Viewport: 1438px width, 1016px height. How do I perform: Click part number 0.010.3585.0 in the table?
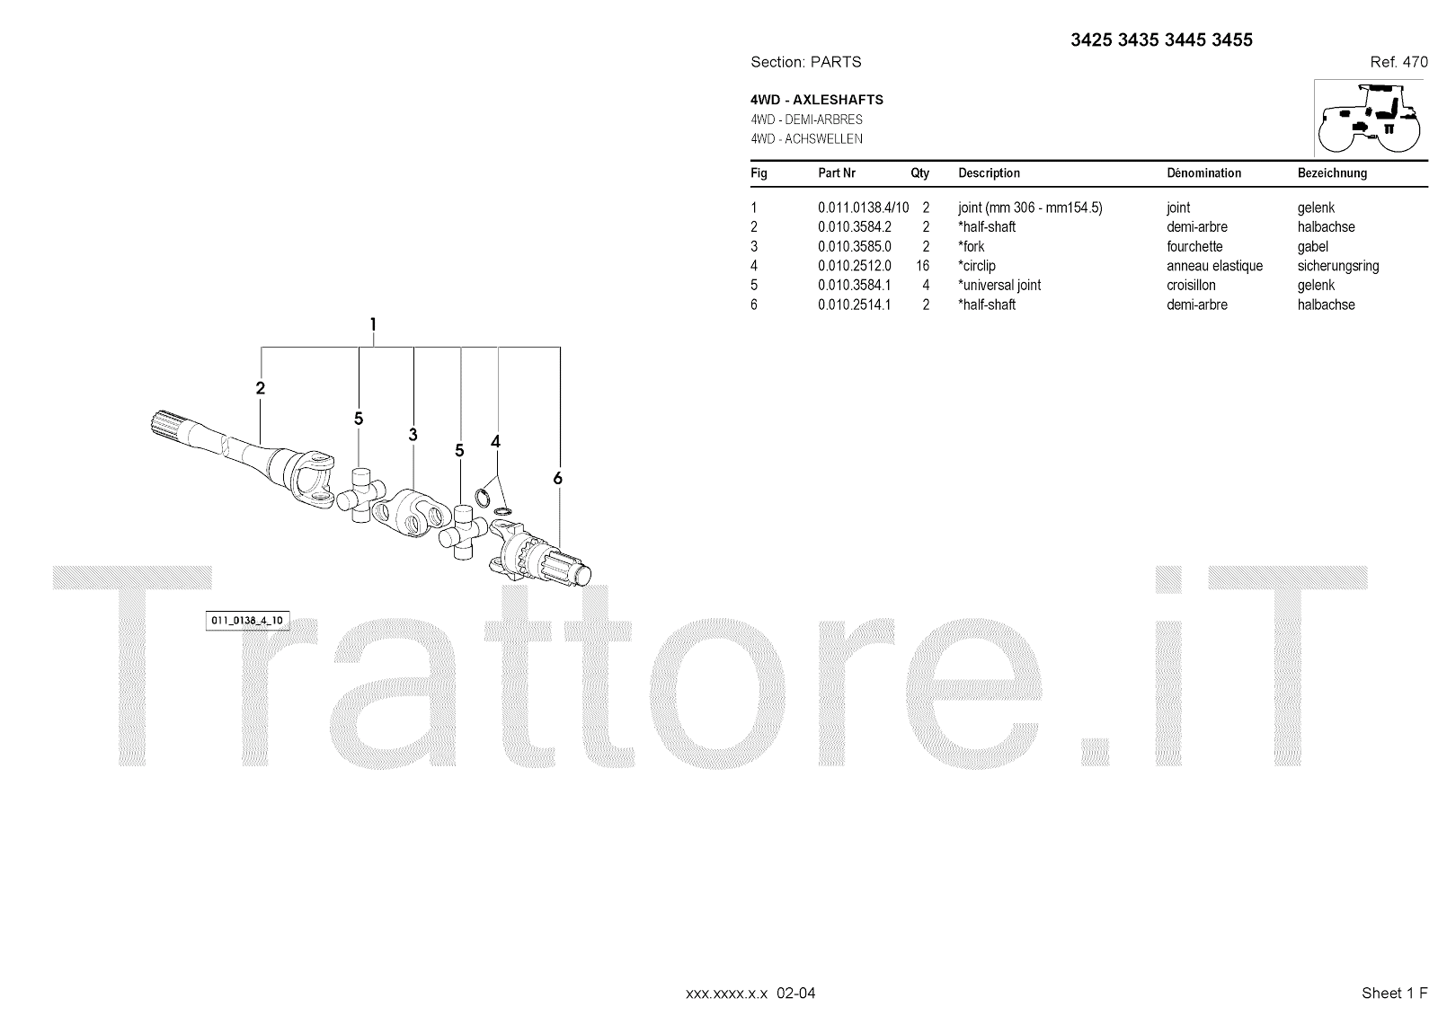tap(854, 246)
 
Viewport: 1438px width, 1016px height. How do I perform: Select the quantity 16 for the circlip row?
tap(922, 266)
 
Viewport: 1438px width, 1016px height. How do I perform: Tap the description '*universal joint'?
tap(999, 285)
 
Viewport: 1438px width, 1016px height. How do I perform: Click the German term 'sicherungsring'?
tap(1337, 266)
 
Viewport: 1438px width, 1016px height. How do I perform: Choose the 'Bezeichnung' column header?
tap(1332, 173)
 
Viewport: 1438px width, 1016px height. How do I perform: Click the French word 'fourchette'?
tap(1194, 246)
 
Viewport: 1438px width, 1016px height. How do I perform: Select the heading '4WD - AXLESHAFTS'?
tap(817, 100)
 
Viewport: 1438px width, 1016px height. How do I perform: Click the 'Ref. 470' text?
tap(1398, 62)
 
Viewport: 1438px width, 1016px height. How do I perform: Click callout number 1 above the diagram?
tap(373, 324)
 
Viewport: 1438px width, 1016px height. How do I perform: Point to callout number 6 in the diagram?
tap(557, 478)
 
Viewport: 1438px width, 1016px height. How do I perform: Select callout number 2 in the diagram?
tap(260, 388)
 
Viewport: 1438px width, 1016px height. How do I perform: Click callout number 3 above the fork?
tap(413, 435)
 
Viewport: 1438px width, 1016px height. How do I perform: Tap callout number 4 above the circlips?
tap(495, 441)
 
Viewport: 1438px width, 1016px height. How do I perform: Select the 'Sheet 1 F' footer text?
tap(1394, 993)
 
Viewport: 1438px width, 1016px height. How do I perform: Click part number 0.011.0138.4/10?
tap(863, 208)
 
